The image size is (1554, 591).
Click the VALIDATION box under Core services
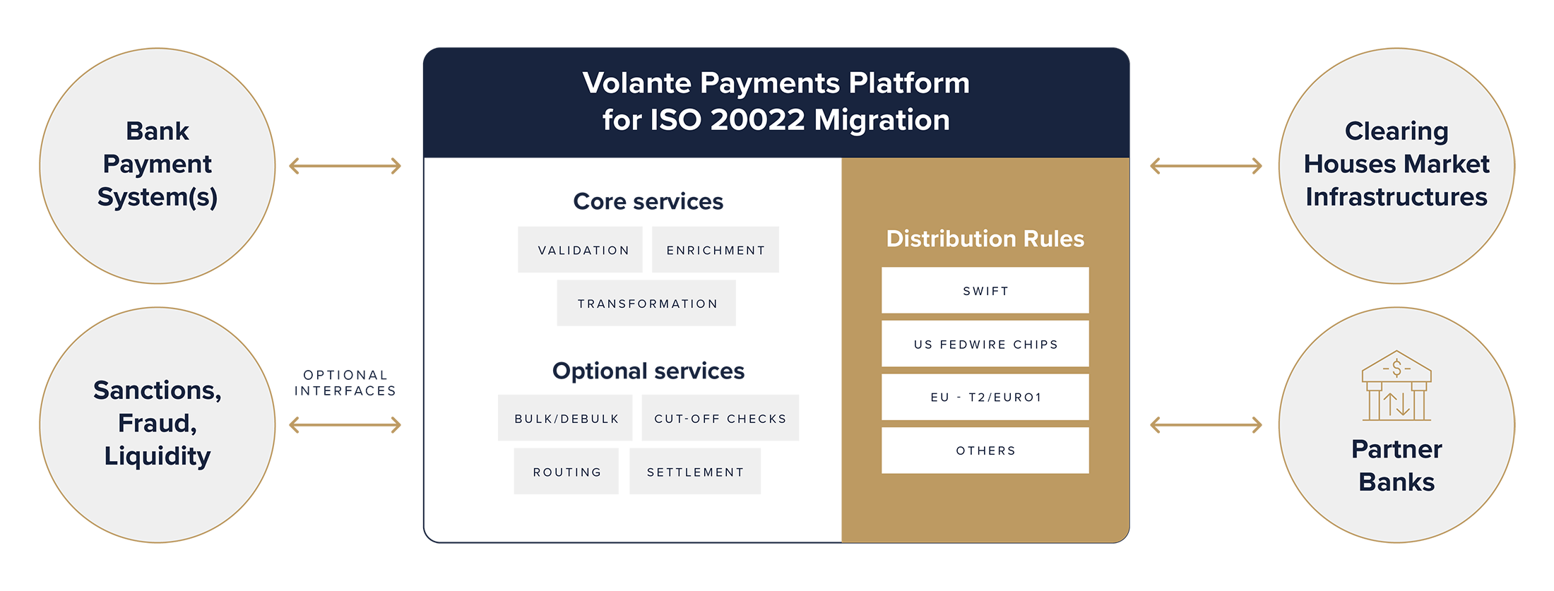580,249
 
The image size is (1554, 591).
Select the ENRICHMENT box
715,249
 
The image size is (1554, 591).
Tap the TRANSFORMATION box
646,303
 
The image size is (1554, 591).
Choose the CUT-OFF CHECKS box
720,418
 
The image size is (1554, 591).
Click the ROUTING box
567,471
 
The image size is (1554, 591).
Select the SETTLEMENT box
695,471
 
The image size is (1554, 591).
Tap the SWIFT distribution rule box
985,290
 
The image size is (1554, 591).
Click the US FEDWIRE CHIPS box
985,344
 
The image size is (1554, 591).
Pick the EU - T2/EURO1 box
985,397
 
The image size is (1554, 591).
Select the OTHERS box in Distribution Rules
985,450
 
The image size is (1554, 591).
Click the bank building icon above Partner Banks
1396,386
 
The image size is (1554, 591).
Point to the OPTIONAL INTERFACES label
345,383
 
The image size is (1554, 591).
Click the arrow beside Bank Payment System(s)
345,166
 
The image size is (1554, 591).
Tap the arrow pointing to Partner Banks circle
1206,425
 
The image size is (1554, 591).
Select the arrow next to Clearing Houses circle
1206,166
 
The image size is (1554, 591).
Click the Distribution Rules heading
985,239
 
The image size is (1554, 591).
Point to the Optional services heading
648,371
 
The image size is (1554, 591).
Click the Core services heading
648,201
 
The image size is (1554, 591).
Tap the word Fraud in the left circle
158,424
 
